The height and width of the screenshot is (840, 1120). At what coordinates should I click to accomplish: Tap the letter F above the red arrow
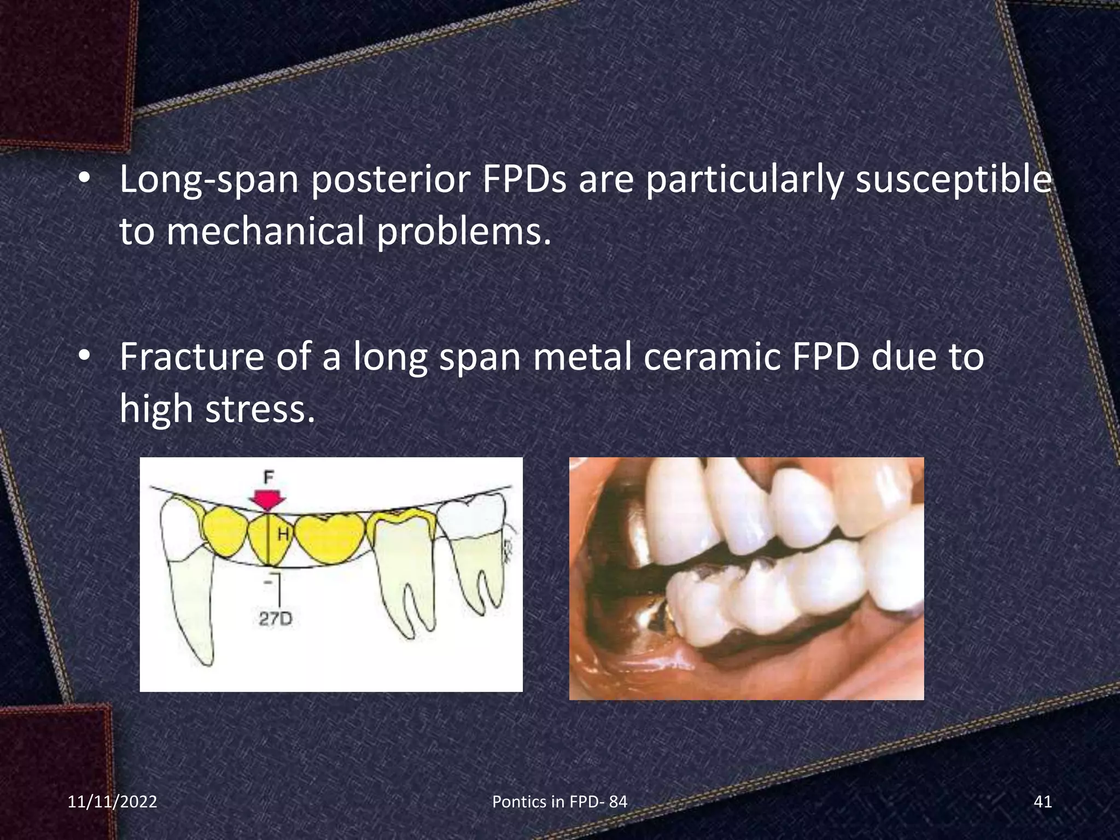click(268, 477)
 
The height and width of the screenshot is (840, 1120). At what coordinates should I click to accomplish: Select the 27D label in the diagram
click(276, 619)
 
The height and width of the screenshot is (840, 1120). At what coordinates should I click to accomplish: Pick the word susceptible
click(953, 180)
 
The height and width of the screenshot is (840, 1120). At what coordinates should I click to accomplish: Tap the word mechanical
click(265, 231)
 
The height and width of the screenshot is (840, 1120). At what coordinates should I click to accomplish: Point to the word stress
click(260, 409)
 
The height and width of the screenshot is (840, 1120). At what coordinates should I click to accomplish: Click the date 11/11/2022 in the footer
click(112, 802)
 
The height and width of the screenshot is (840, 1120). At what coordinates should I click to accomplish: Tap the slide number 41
click(1043, 802)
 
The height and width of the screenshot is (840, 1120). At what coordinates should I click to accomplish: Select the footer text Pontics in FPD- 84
click(559, 802)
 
